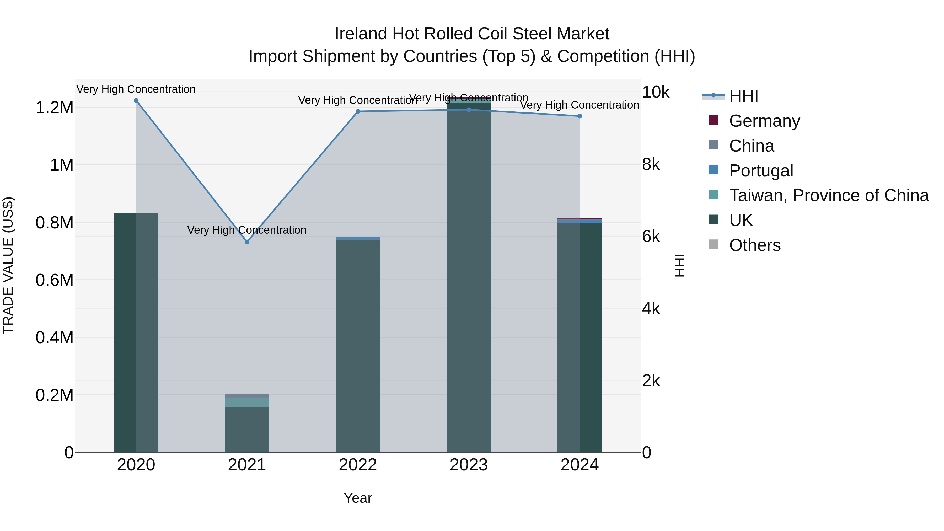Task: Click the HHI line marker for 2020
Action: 136,100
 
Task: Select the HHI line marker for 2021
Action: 247,242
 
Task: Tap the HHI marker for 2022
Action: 358,111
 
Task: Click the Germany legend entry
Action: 764,121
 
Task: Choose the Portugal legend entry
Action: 761,171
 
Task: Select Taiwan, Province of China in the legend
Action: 829,195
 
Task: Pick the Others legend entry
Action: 755,245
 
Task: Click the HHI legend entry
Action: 744,96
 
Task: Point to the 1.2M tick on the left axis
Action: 54,108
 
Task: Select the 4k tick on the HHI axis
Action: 651,309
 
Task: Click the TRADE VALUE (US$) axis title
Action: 8,265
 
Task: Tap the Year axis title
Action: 358,498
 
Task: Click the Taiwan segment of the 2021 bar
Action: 247,402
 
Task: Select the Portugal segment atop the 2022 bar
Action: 358,238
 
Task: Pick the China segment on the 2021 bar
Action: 247,396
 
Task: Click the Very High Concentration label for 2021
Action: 247,230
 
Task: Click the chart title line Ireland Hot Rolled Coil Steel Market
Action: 472,34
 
